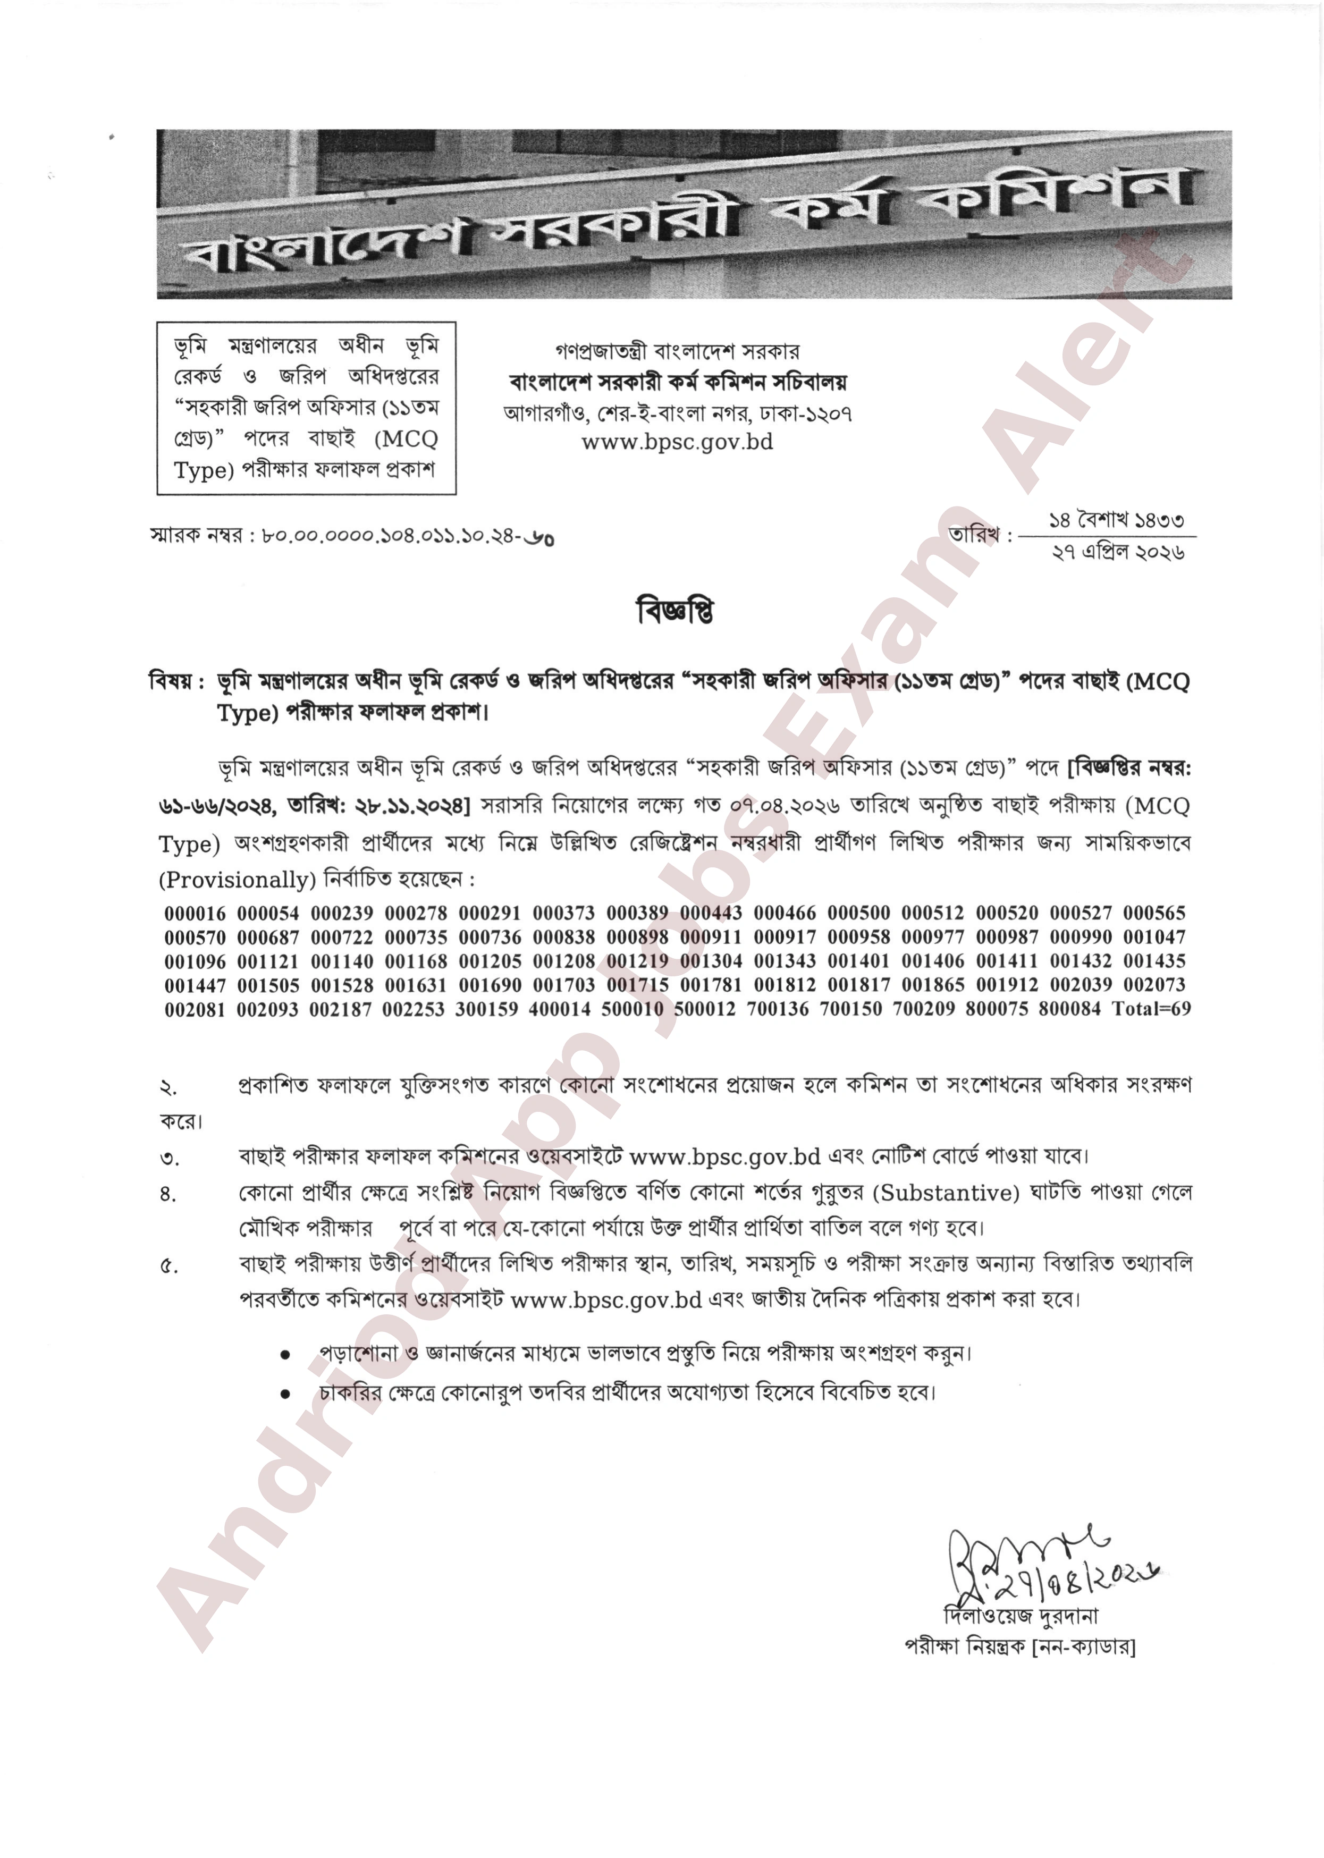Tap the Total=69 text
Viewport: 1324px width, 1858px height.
pyautogui.click(x=1151, y=1009)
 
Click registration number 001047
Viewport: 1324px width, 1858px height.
pyautogui.click(x=1154, y=937)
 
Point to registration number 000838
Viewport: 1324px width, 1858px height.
pyautogui.click(x=564, y=937)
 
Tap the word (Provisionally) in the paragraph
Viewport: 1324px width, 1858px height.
pyautogui.click(x=237, y=881)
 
